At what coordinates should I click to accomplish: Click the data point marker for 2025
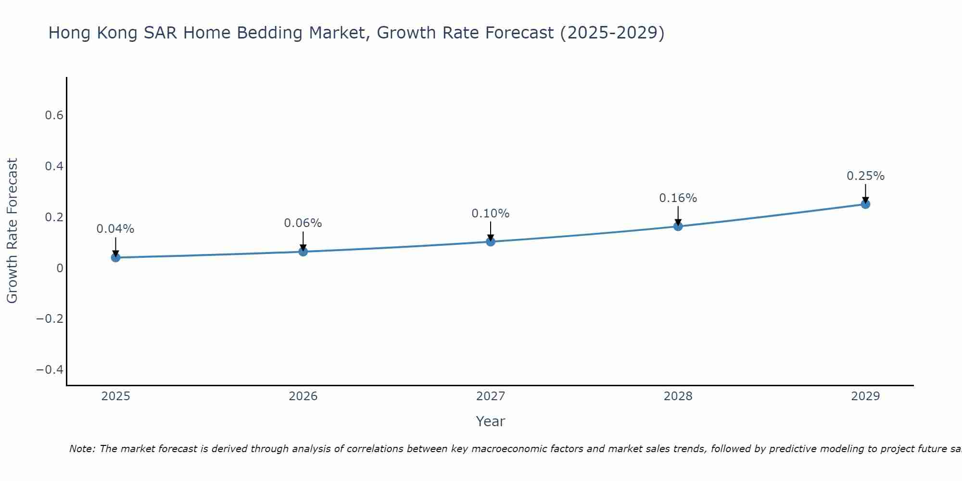115,257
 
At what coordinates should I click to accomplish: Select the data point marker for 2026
303,252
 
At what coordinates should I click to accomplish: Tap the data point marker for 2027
491,241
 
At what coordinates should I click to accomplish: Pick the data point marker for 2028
678,226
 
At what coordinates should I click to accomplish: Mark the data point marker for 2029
865,204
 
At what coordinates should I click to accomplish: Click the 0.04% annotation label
115,229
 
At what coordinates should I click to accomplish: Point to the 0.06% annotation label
303,223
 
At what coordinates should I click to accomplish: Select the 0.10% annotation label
491,214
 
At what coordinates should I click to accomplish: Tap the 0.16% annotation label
678,198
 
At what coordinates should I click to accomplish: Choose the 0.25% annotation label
865,176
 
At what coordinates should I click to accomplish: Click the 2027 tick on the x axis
491,396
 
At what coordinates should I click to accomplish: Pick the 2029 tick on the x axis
865,396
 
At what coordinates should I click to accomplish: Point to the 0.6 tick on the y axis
54,115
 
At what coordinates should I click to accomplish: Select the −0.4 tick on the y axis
50,369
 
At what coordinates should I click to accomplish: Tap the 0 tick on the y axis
60,268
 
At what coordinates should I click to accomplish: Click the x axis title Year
491,421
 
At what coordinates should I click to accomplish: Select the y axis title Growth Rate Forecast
12,231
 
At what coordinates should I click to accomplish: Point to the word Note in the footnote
82,449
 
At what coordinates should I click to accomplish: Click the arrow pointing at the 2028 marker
678,215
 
